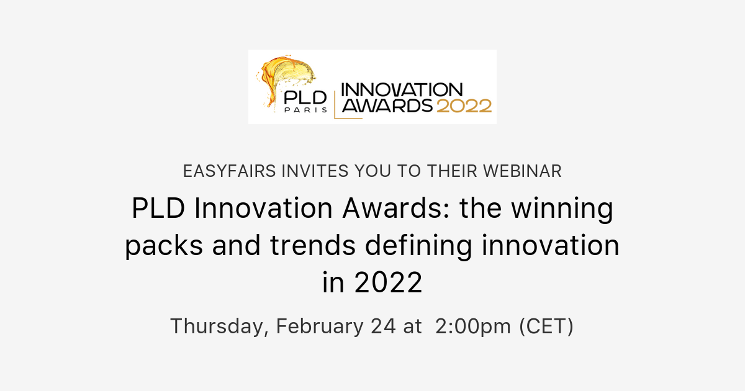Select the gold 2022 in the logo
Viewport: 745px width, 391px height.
[x=464, y=106]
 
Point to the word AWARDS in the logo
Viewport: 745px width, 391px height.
[x=388, y=106]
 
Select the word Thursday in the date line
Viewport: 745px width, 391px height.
[x=218, y=326]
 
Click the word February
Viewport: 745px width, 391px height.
[x=320, y=326]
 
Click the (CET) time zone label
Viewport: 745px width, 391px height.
[x=546, y=326]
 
